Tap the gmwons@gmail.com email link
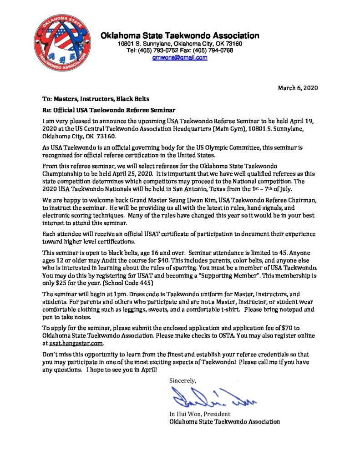click(x=180, y=58)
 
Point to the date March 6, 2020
click(x=298, y=88)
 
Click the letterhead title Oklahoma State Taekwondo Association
click(x=180, y=35)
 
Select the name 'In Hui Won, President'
click(x=199, y=414)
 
